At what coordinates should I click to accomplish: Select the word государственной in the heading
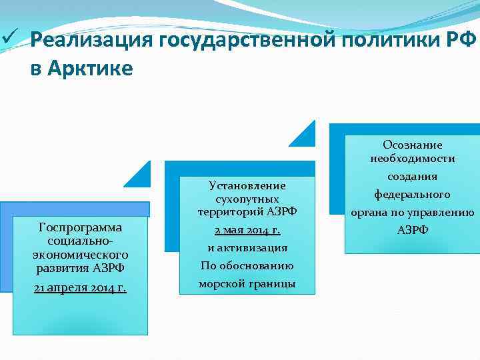coord(247,41)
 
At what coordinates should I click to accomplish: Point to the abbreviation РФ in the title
coord(462,41)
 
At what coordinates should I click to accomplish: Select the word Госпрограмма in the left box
coord(80,227)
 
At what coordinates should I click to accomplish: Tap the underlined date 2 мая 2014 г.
coord(247,230)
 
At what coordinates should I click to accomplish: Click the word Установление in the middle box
coord(247,185)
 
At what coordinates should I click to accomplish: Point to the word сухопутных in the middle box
coord(247,199)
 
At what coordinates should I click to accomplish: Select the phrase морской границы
coord(247,283)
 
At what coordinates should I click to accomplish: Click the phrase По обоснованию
coord(247,265)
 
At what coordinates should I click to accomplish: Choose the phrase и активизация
coord(247,247)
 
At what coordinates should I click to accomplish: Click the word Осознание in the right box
coord(412,145)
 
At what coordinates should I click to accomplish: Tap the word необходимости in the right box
coord(412,159)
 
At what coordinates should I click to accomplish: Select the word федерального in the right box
coord(412,195)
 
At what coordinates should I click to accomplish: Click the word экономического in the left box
coord(80,254)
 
